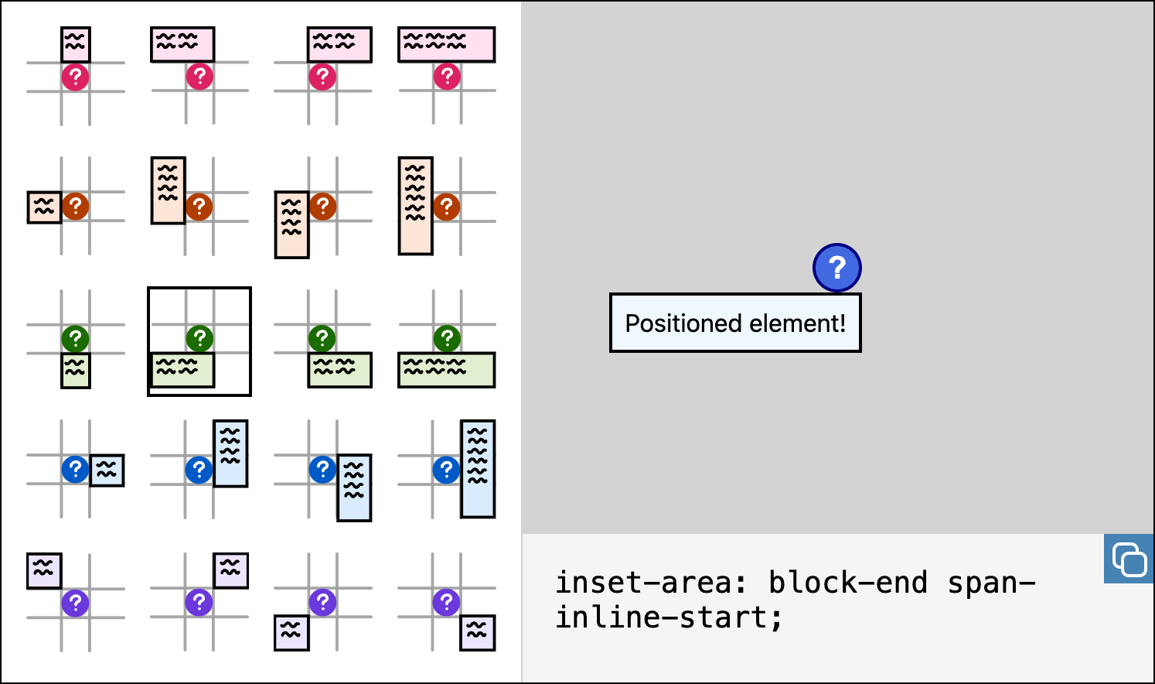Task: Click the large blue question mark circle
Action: [836, 268]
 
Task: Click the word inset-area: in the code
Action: [651, 583]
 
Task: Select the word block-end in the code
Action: [848, 583]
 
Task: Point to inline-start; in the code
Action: [669, 617]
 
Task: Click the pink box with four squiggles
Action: [446, 44]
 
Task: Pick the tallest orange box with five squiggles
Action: [415, 206]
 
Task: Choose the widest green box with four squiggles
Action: [446, 370]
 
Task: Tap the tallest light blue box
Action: [477, 469]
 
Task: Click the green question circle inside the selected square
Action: [199, 338]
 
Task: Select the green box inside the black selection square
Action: [182, 370]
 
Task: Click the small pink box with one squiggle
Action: [76, 44]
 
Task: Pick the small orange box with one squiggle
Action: [44, 207]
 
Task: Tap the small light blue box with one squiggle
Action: [107, 470]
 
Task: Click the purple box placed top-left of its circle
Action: [44, 570]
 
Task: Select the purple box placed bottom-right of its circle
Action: [477, 633]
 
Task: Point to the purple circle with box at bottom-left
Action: [322, 602]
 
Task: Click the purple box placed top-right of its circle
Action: [230, 570]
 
